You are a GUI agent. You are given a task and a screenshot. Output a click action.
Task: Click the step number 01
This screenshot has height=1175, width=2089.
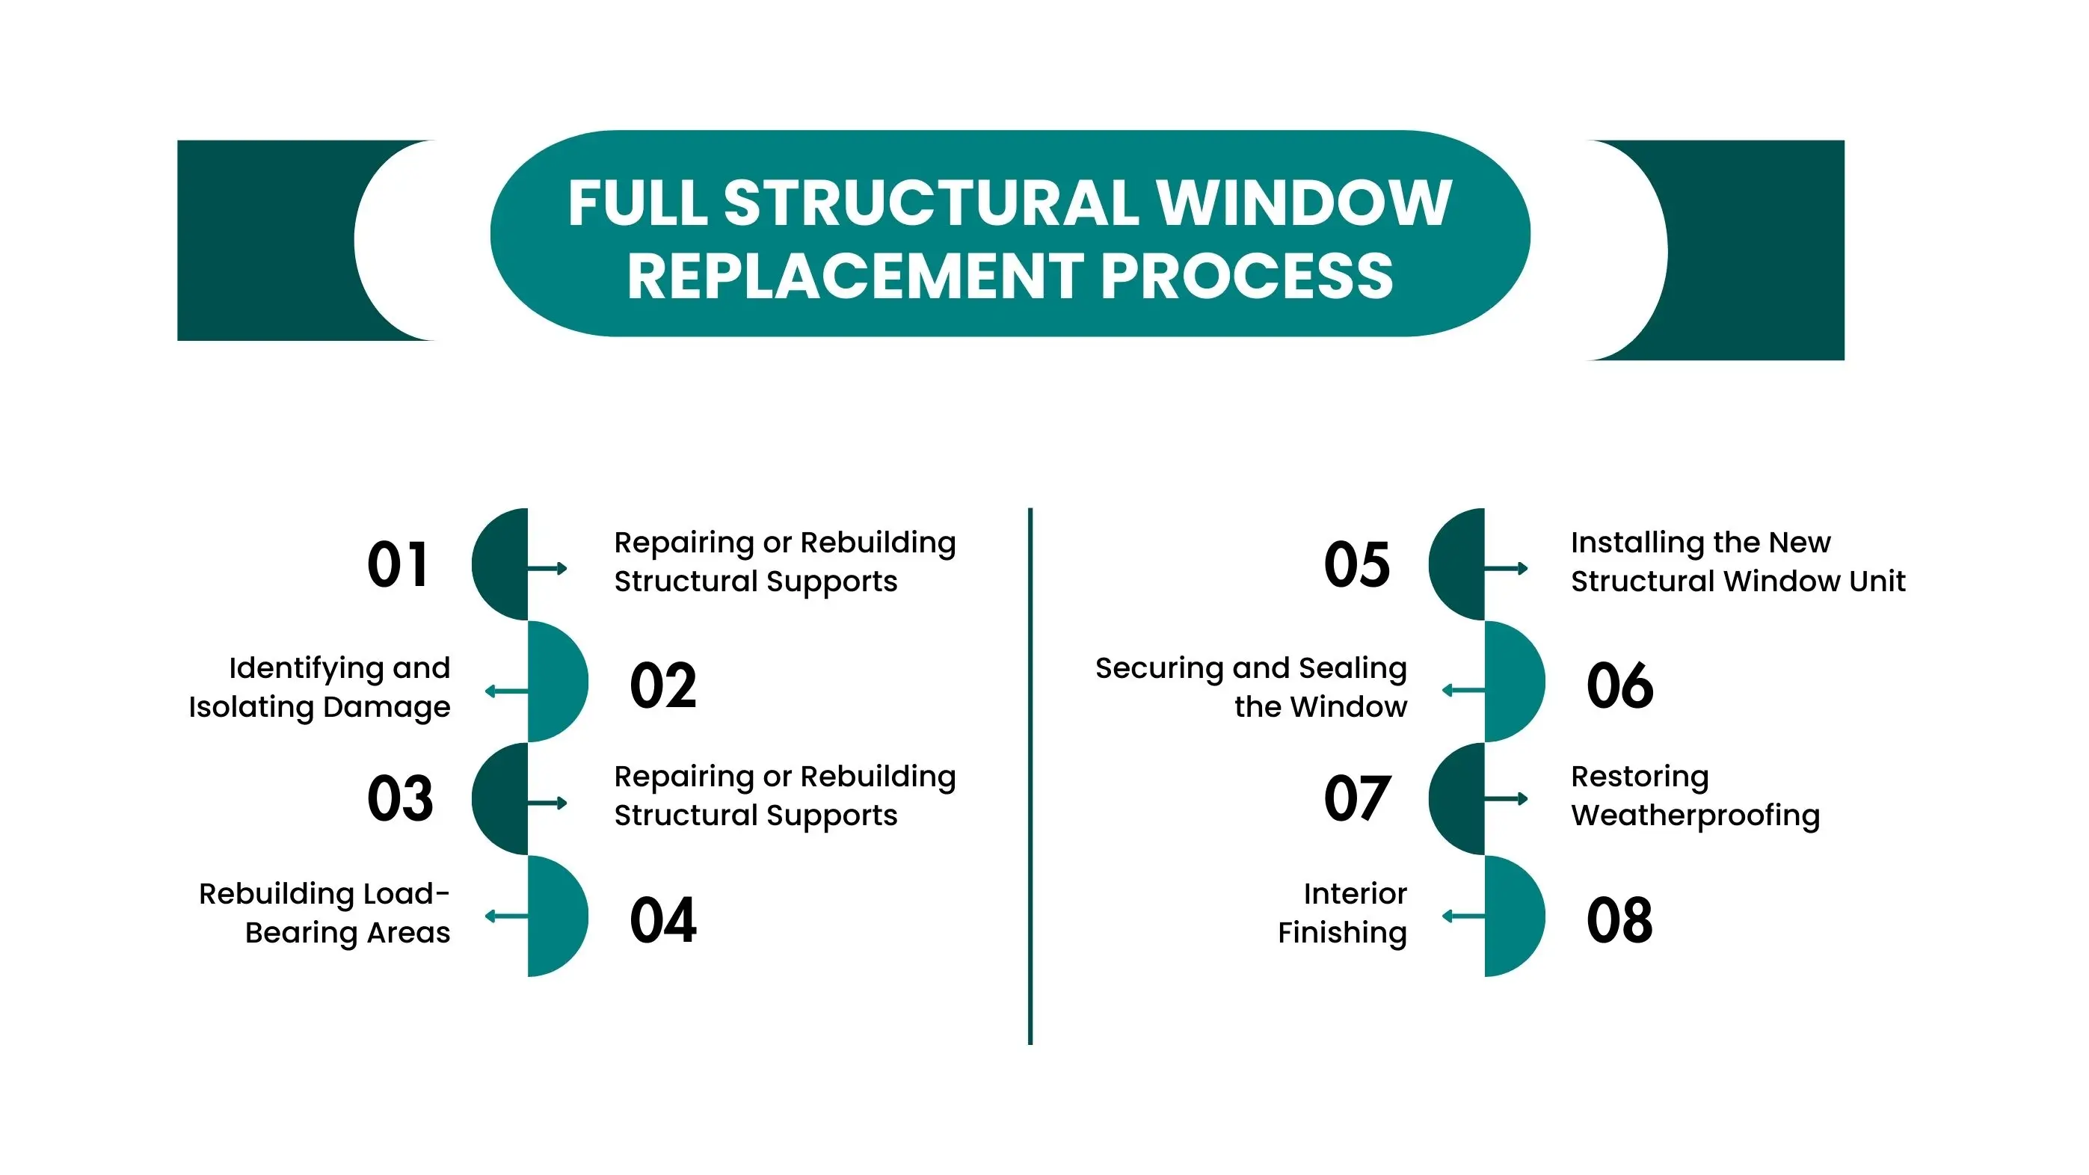tap(396, 564)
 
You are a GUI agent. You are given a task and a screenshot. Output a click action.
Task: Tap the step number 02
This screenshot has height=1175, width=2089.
tap(662, 685)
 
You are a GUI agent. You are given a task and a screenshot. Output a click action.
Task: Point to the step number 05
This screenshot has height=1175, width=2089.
tap(1356, 564)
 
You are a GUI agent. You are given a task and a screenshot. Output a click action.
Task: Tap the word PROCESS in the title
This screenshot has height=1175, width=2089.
tap(1246, 277)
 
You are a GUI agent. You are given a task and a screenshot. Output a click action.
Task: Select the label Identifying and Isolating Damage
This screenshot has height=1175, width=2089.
tap(319, 687)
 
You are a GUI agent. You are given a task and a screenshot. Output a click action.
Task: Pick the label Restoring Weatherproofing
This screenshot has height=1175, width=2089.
tap(1695, 795)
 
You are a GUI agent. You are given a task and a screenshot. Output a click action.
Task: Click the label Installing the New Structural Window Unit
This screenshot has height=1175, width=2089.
tap(1737, 561)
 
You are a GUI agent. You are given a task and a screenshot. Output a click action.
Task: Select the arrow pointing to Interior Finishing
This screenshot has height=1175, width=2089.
tap(1463, 916)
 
